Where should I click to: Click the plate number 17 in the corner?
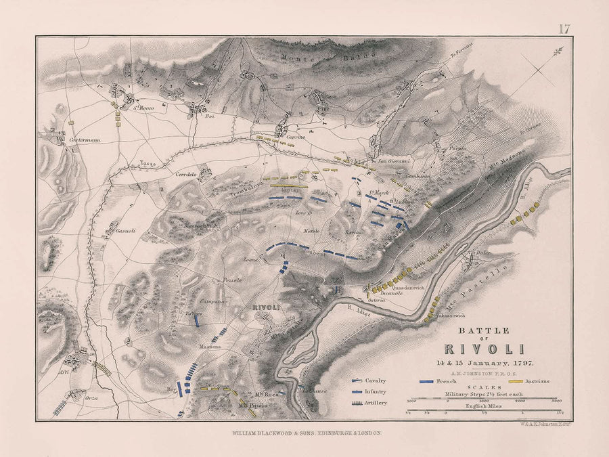pyautogui.click(x=564, y=28)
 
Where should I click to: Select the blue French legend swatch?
pyautogui.click(x=426, y=382)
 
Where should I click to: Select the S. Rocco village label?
pyautogui.click(x=143, y=108)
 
